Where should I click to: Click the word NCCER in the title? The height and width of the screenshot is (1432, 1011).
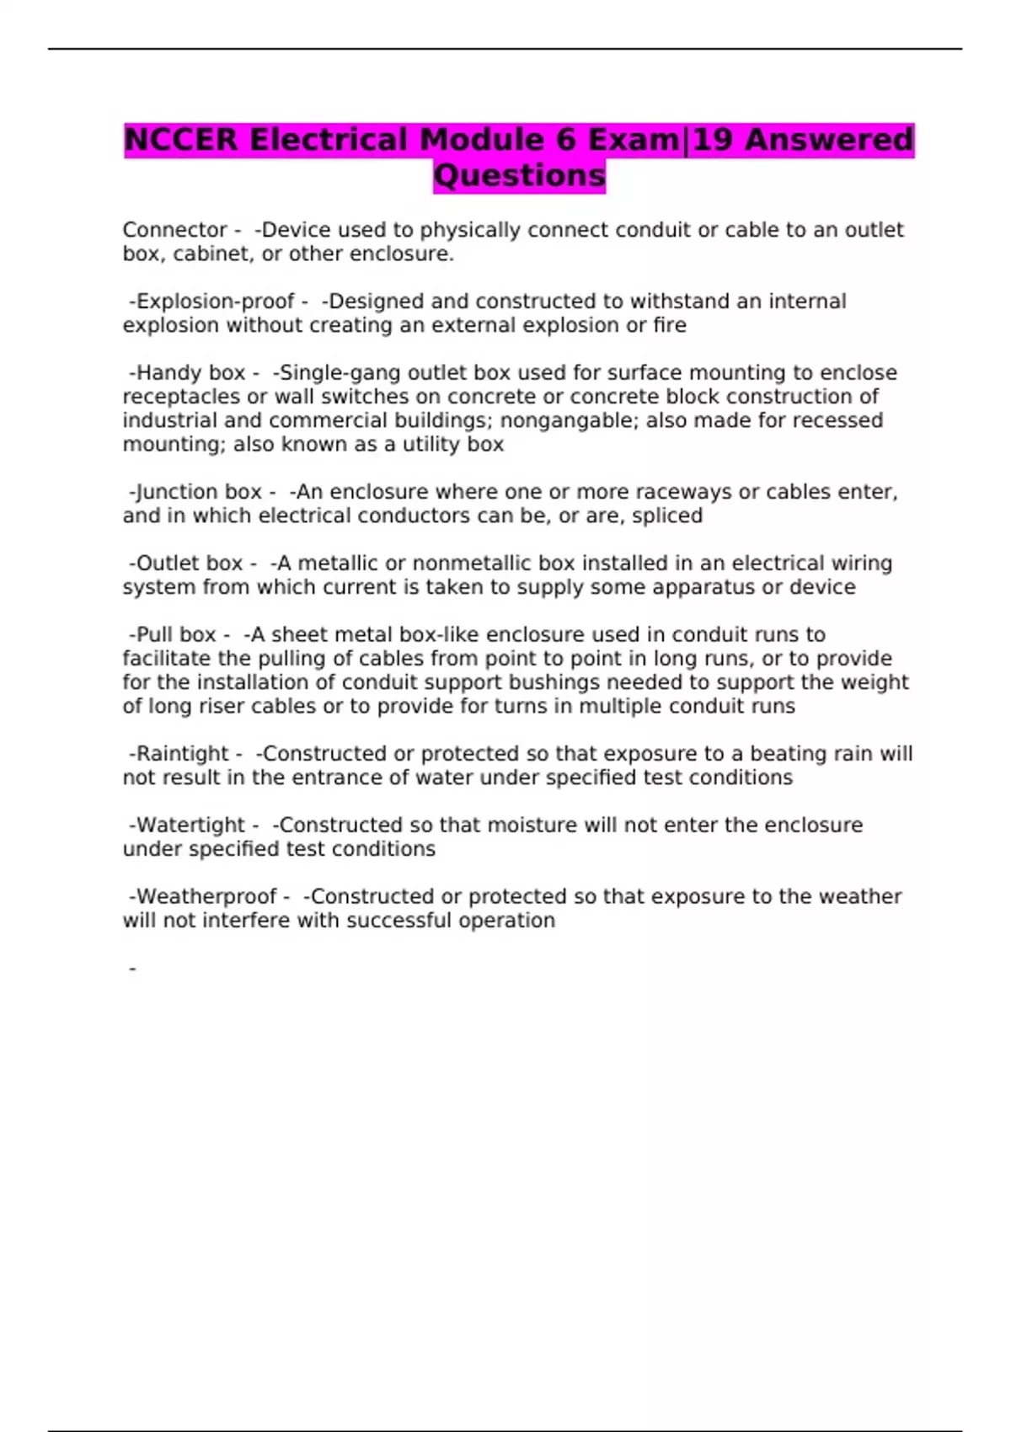181,140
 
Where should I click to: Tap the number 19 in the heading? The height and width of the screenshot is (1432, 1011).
713,140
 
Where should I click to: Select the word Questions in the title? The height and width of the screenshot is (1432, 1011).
519,176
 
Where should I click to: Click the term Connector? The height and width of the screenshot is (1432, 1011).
175,230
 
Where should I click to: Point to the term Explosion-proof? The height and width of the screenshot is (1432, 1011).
215,302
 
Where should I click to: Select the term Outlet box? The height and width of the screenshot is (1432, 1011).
190,564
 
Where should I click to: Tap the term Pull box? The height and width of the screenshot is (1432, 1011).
176,635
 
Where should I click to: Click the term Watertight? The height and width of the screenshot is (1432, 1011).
190,826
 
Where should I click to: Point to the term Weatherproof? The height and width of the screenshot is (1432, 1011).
206,897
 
